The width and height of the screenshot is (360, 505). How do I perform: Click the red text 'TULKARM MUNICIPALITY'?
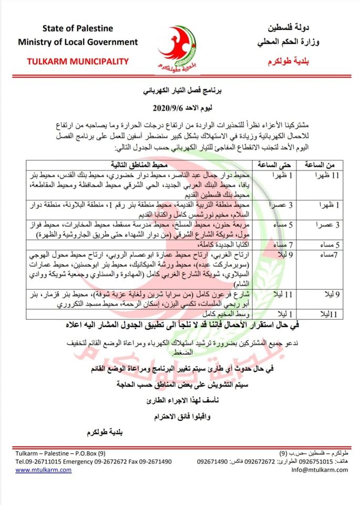(x=78, y=62)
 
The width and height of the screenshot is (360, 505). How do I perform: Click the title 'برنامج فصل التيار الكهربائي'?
(x=180, y=90)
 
